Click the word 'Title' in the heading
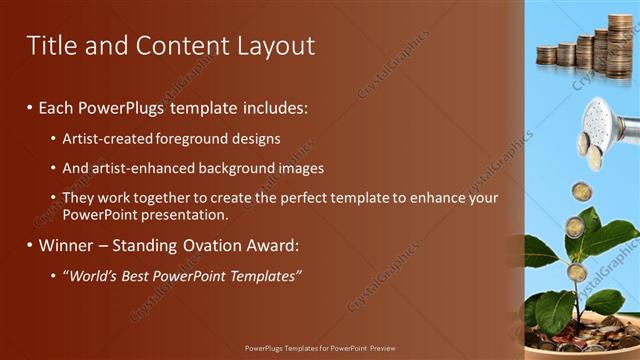tap(50, 45)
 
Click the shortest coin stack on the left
tap(546, 55)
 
